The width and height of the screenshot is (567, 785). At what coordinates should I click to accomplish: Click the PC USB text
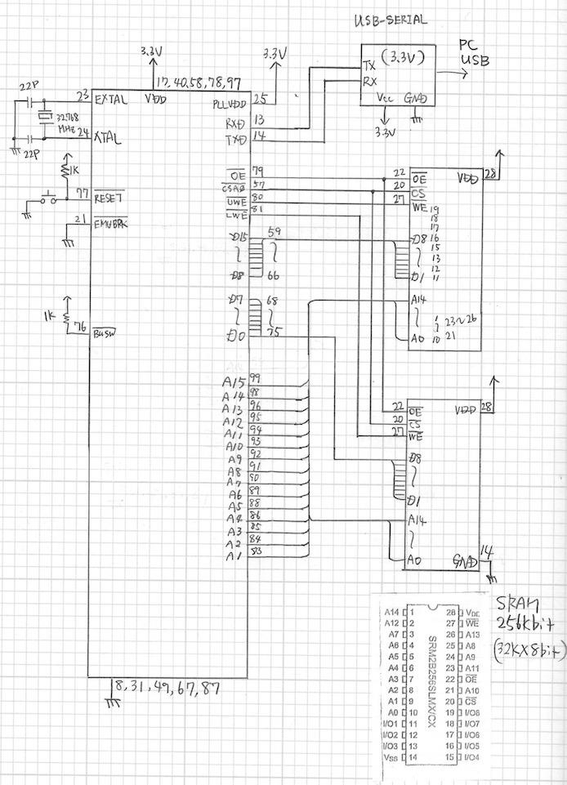pyautogui.click(x=471, y=54)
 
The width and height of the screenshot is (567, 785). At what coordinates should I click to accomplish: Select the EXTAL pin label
pyautogui.click(x=110, y=100)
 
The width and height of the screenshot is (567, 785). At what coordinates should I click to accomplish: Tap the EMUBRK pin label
pyautogui.click(x=112, y=223)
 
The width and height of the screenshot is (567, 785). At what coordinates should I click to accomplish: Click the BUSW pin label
pyautogui.click(x=105, y=332)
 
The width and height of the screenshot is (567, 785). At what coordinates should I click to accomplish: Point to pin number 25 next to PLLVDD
pyautogui.click(x=260, y=100)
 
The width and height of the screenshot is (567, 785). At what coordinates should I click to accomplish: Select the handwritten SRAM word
pyautogui.click(x=516, y=605)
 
